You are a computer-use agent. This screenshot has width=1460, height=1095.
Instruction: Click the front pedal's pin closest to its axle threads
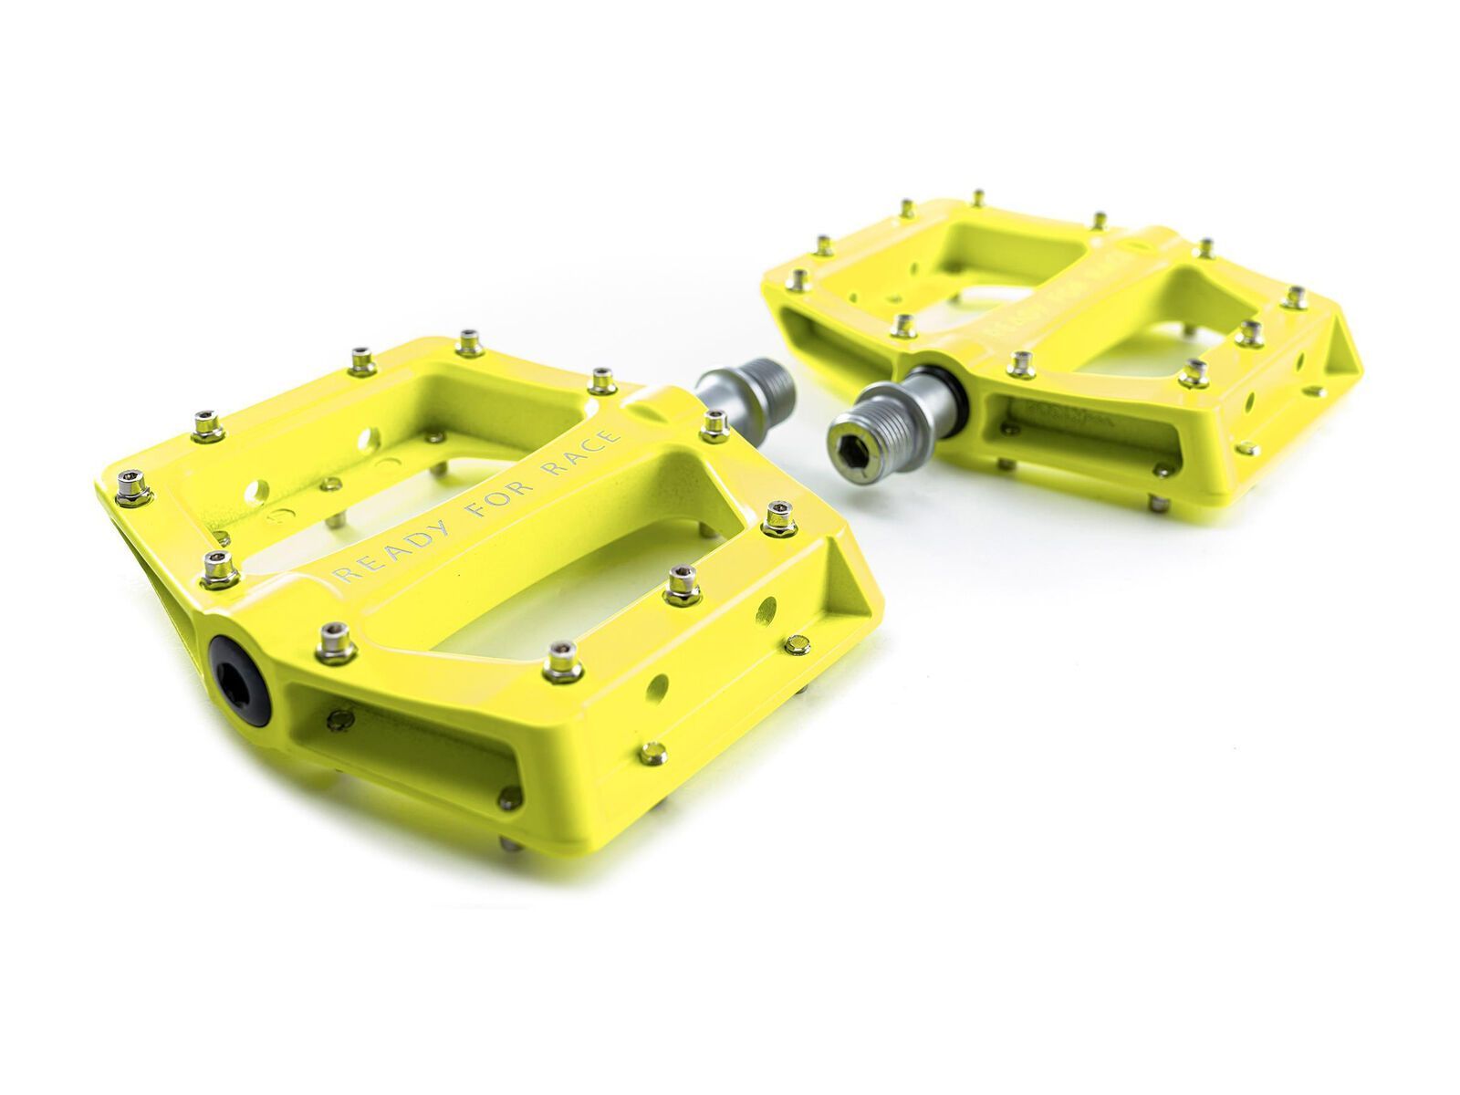(714, 423)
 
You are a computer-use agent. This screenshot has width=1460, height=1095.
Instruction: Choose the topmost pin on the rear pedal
(978, 198)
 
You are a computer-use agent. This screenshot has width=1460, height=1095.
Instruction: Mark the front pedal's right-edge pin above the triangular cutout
(777, 518)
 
